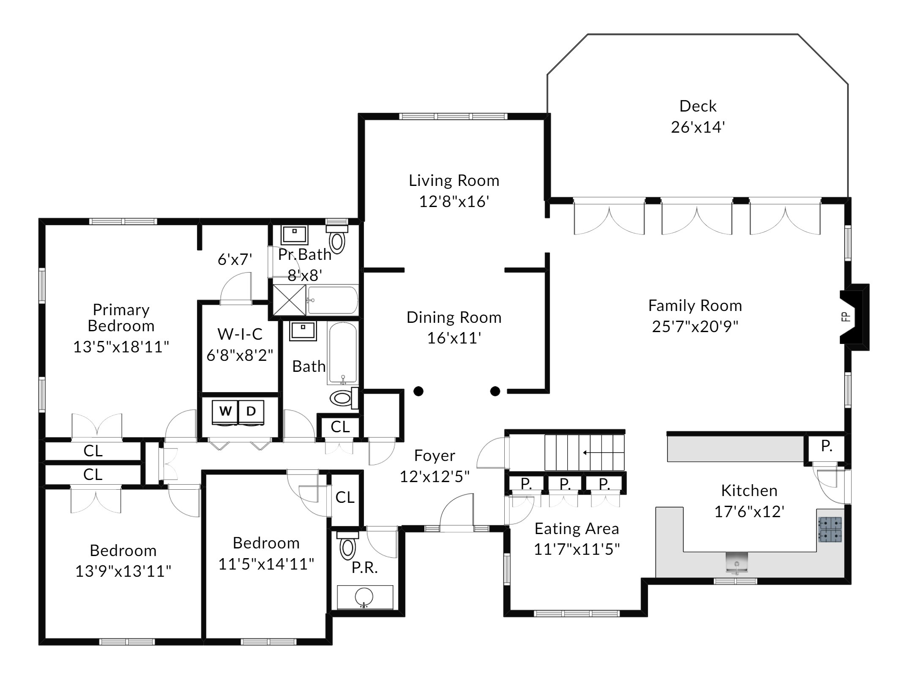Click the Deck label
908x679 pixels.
698,106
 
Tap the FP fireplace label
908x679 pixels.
846,316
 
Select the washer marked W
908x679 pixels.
225,411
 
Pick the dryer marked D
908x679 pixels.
251,411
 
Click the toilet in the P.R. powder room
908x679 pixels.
347,545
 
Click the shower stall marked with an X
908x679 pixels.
289,300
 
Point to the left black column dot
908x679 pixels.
418,391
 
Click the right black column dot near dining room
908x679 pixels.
495,391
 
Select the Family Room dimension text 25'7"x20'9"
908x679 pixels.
695,327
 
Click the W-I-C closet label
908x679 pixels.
240,334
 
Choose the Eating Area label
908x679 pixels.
577,529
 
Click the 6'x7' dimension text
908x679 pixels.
235,259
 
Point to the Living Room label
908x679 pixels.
454,181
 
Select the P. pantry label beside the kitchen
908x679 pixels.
826,446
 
